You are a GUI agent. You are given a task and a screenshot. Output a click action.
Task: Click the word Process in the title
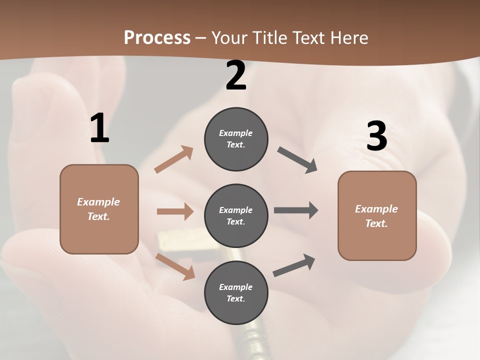157,37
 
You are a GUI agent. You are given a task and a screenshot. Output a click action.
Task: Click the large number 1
99,128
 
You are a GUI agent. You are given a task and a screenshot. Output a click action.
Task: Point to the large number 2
236,76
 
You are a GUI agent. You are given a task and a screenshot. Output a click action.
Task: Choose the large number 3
376,136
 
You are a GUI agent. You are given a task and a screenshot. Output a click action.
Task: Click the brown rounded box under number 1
99,209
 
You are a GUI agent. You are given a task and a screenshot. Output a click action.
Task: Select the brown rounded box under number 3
377,216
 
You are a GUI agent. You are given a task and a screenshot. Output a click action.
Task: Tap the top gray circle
236,139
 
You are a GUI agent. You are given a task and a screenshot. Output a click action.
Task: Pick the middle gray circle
236,215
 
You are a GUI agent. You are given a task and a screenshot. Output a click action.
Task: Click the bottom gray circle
236,292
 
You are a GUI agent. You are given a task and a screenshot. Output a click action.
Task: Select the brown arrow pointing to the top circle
174,159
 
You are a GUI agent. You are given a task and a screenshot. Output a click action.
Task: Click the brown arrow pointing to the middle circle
175,211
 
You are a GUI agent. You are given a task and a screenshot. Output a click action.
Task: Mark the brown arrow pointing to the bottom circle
175,266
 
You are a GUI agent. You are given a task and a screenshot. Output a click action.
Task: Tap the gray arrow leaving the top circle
297,160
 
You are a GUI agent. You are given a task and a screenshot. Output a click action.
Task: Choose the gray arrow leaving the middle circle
296,210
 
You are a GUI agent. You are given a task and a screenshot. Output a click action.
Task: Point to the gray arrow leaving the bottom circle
294,265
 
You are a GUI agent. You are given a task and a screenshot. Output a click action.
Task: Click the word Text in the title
310,37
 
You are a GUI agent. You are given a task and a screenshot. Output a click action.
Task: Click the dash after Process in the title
201,38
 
